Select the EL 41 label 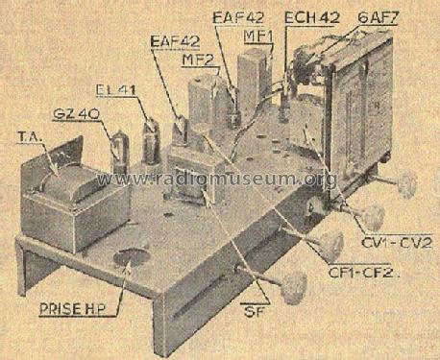tap(116, 90)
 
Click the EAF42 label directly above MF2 tap(176, 42)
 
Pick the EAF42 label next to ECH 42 tap(238, 17)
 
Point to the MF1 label tap(258, 36)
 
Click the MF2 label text tap(198, 60)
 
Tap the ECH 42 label tap(312, 17)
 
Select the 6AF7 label tap(378, 18)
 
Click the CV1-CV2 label tap(397, 243)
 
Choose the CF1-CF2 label tap(363, 273)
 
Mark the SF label tap(254, 311)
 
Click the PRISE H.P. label tap(75, 309)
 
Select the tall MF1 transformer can tap(254, 80)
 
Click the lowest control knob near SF tap(294, 287)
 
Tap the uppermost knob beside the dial tap(406, 184)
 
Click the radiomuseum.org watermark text tap(217, 180)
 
